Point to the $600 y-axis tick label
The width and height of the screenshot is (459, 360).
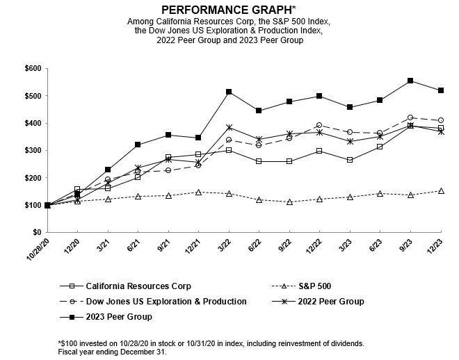point(33,68)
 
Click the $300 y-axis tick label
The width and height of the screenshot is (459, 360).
point(33,150)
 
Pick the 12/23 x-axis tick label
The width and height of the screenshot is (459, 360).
point(437,245)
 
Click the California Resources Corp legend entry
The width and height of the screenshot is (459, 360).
point(129,285)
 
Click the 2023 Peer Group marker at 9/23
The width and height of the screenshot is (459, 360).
point(410,81)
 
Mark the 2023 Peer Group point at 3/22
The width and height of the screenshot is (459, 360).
point(229,92)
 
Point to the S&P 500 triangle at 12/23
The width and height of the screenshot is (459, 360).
point(441,190)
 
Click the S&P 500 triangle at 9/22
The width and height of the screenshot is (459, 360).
point(289,202)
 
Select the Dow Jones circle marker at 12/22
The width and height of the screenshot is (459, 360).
point(319,125)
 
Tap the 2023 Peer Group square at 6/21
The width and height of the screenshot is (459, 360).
point(138,145)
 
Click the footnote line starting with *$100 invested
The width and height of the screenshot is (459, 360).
point(211,343)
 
